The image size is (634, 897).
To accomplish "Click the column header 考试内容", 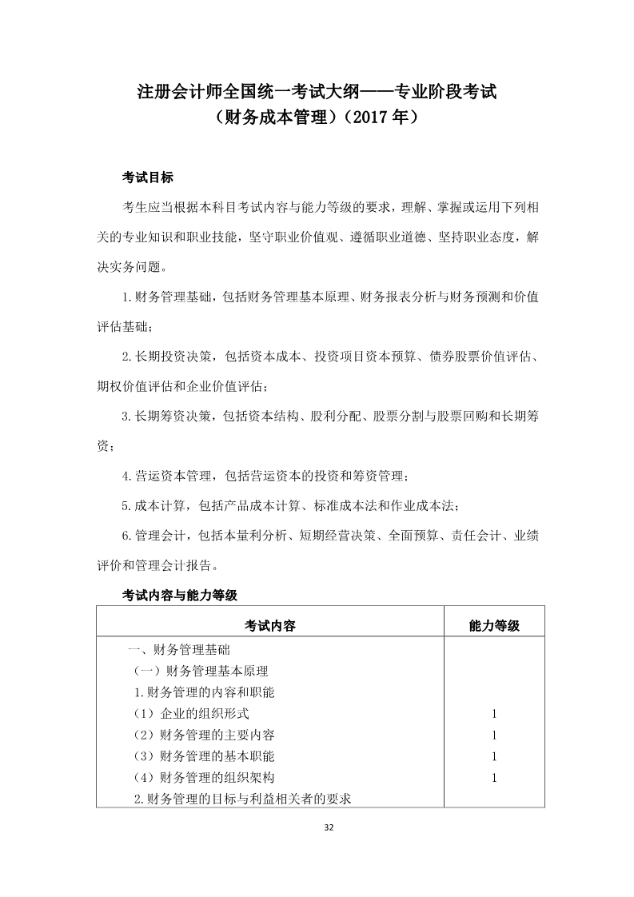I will [x=270, y=625].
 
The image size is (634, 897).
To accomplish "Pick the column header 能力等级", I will [x=494, y=625].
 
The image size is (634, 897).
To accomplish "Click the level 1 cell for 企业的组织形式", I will [x=494, y=713].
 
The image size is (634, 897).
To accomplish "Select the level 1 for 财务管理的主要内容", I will [x=494, y=735].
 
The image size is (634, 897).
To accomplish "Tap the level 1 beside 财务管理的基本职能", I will [x=494, y=755].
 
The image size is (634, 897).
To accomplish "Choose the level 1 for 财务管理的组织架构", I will [x=494, y=777].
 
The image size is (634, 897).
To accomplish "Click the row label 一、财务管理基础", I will [x=179, y=649].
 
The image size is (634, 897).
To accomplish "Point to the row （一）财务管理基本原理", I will [x=200, y=671].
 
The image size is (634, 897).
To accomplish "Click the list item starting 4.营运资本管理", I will [x=264, y=476].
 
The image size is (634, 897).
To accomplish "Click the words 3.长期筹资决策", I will [x=168, y=417].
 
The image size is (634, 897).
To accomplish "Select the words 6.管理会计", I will [x=157, y=535].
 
